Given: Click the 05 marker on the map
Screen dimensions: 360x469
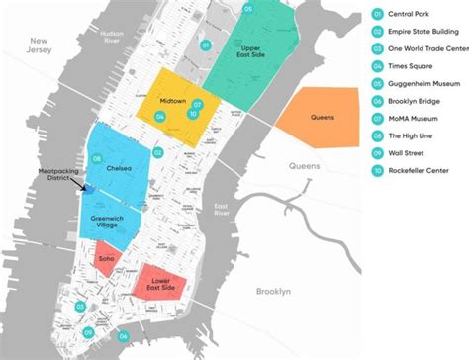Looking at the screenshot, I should coord(248,9).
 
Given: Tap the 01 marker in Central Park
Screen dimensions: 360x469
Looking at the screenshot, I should coord(203,45).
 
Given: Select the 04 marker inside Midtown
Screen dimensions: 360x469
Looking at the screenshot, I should coord(161,116).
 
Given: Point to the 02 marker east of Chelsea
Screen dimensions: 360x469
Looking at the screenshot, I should coord(157,152).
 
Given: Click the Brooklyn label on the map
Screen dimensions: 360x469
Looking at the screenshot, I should coord(273,293).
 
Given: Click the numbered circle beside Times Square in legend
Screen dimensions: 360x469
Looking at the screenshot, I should coord(377,65).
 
